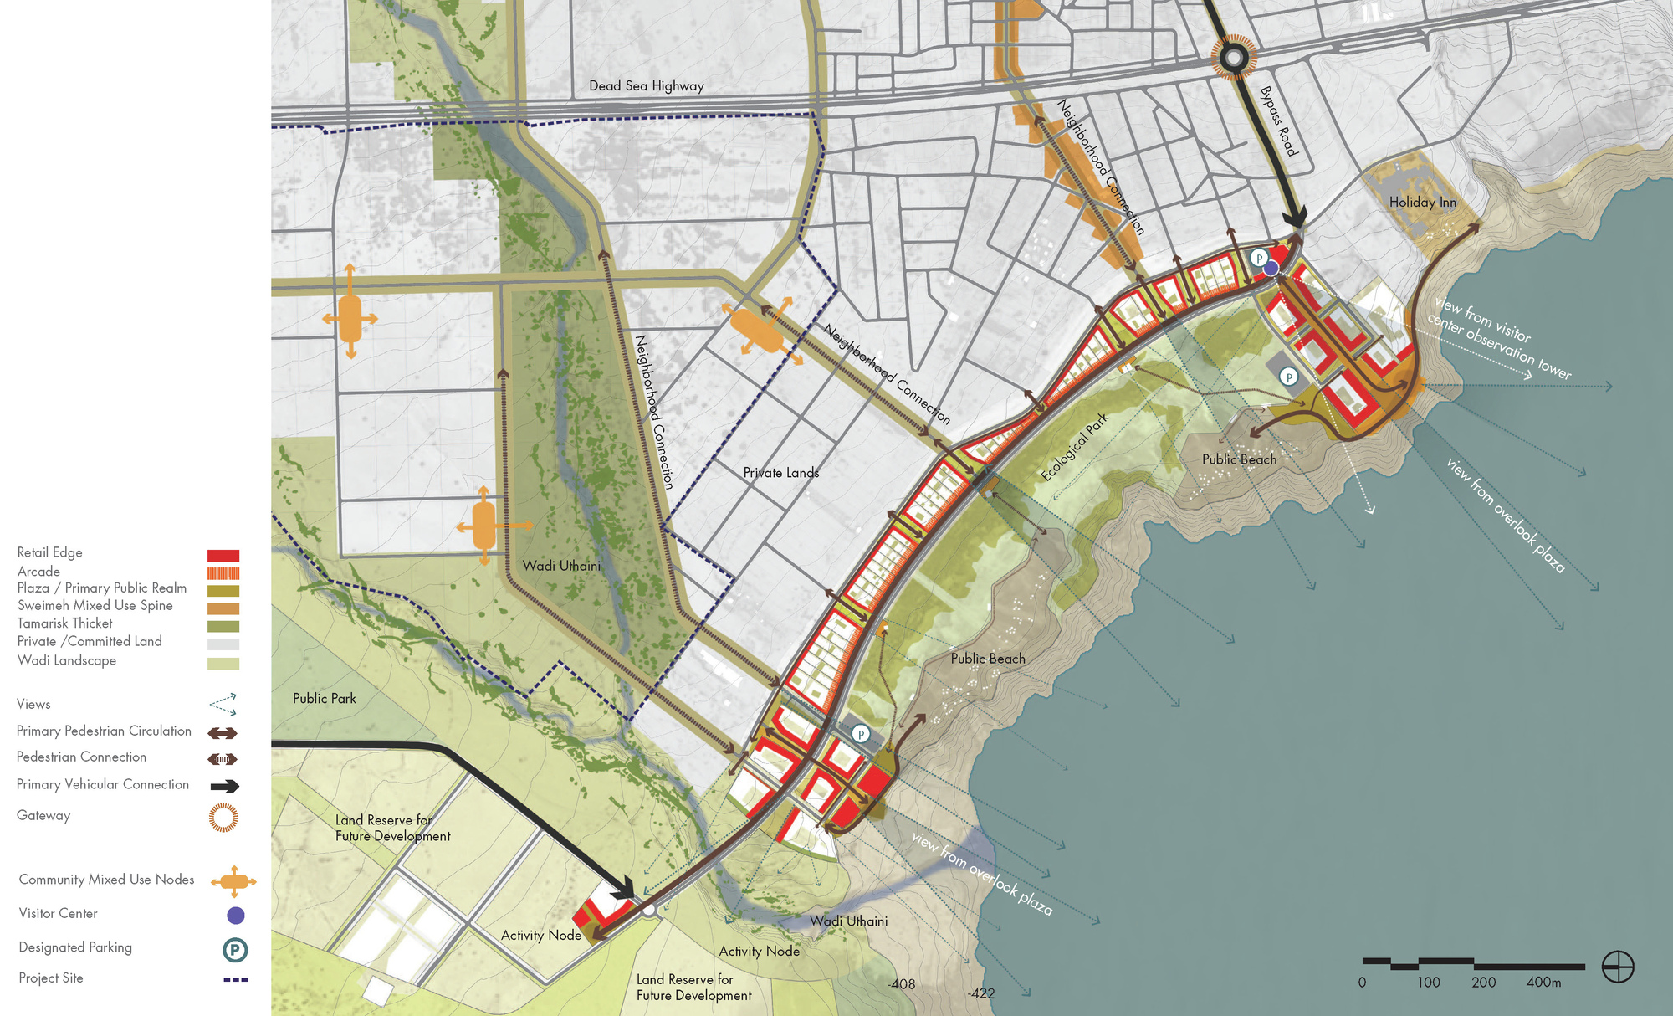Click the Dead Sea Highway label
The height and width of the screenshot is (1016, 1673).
click(x=646, y=85)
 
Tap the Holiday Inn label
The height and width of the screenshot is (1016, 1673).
click(x=1422, y=202)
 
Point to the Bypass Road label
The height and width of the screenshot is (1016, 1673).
click(x=1278, y=121)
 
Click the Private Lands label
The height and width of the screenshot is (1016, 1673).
click(x=780, y=473)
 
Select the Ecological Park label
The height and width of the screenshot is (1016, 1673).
click(x=1074, y=447)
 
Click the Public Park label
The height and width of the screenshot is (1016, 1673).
click(x=324, y=698)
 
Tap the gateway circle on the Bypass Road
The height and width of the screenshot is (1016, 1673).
click(x=1233, y=59)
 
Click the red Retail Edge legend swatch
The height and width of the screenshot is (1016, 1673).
click(x=223, y=555)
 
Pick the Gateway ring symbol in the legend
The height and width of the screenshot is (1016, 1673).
click(x=223, y=817)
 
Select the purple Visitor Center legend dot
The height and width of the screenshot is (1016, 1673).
click(x=236, y=916)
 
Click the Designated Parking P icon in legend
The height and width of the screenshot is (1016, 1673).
click(x=235, y=950)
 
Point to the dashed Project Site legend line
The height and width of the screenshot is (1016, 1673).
click(x=235, y=979)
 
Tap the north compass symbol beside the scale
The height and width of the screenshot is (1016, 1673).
click(x=1618, y=967)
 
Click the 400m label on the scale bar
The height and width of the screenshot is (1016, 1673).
click(x=1543, y=983)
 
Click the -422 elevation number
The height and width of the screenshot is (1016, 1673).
click(x=981, y=993)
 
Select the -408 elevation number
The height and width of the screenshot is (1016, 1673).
click(x=901, y=984)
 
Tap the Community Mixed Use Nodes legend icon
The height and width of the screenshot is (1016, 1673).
click(x=233, y=880)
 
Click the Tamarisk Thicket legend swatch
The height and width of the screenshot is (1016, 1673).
click(x=223, y=626)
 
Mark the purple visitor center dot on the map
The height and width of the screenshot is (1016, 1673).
click(x=1271, y=268)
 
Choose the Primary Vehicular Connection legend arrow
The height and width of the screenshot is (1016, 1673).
click(x=224, y=786)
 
